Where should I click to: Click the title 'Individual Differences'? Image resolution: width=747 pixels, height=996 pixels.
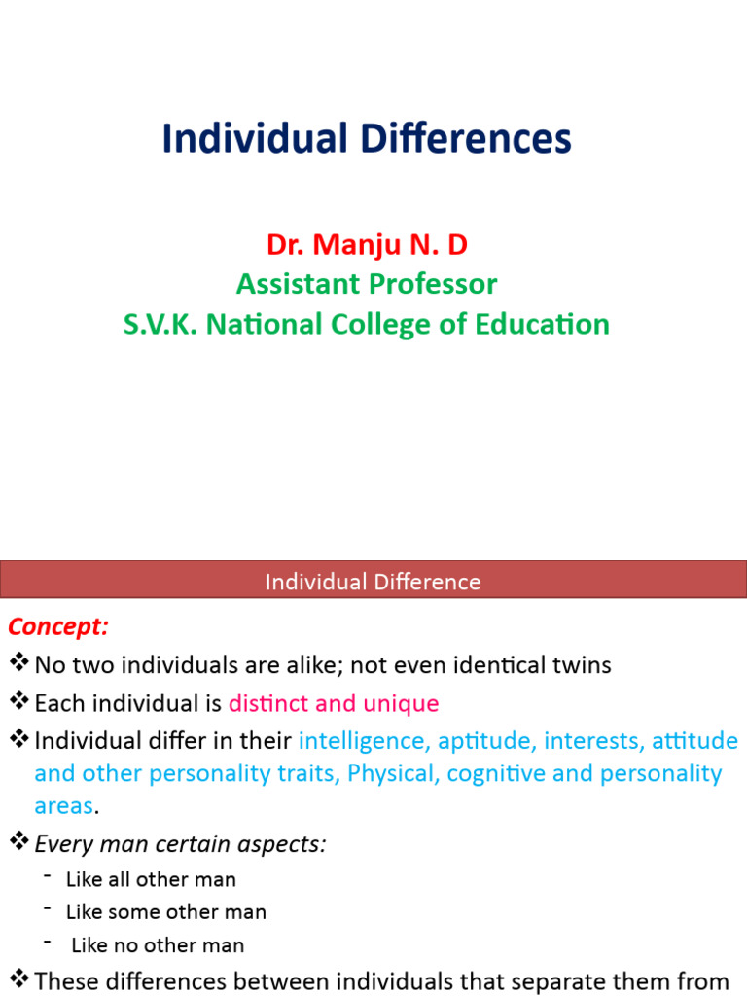(367, 138)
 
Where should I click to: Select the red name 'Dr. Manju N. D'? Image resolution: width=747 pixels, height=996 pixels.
(367, 244)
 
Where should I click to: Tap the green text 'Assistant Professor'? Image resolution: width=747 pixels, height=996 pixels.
(367, 284)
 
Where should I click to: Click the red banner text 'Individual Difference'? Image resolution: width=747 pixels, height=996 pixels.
(373, 582)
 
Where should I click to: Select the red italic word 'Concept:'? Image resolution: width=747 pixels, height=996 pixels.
(58, 626)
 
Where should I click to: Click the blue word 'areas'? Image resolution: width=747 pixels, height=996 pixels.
(63, 806)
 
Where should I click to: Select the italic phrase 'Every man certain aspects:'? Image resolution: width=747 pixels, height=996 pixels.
(180, 844)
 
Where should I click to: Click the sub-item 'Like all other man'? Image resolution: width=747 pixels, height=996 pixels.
(151, 879)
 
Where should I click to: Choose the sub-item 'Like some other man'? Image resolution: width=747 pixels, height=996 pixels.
(165, 912)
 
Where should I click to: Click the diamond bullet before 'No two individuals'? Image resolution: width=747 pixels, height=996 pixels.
(18, 664)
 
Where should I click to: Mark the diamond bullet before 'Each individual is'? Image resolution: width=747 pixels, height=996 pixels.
(18, 702)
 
